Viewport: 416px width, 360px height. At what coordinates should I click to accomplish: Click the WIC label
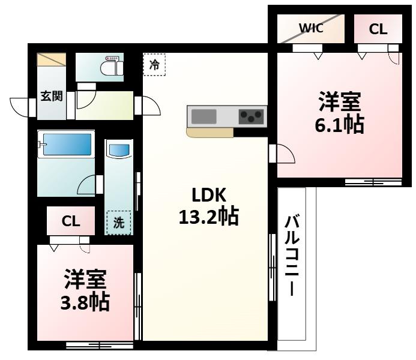click(311, 28)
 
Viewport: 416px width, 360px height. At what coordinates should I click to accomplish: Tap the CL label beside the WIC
click(378, 29)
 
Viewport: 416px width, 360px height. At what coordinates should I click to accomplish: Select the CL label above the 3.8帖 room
click(71, 221)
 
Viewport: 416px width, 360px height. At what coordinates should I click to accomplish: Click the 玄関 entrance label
click(51, 96)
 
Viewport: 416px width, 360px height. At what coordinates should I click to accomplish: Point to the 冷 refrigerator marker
click(154, 65)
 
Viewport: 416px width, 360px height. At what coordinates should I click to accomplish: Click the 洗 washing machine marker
click(119, 223)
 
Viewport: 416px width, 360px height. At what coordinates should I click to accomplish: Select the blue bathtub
click(65, 145)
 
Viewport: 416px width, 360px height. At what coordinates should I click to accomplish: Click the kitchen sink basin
click(204, 116)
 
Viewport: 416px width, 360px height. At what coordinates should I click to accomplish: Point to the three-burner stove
click(252, 116)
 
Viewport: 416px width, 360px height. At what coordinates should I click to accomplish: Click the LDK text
click(208, 196)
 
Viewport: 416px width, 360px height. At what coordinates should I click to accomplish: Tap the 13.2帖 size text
click(208, 217)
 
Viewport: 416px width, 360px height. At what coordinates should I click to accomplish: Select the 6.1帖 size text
click(340, 125)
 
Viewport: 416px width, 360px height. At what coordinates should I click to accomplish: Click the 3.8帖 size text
click(85, 301)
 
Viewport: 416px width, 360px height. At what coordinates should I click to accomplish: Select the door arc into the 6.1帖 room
click(284, 155)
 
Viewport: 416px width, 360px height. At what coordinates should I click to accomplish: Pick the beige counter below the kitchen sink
click(210, 133)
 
